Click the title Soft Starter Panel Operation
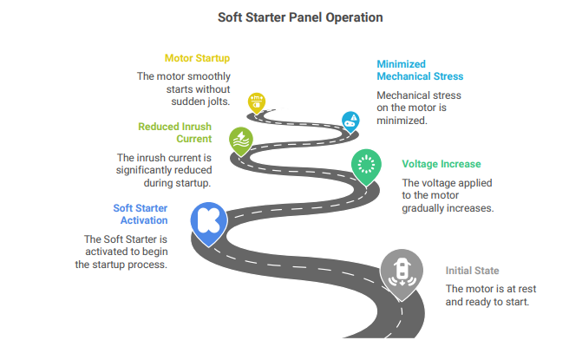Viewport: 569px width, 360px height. pyautogui.click(x=300, y=17)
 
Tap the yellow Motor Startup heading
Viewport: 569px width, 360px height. pyautogui.click(x=197, y=58)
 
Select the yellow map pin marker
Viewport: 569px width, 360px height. pyautogui.click(x=257, y=103)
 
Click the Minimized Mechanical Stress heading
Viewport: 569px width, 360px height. pyautogui.click(x=420, y=70)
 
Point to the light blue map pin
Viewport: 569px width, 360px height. pyautogui.click(x=350, y=121)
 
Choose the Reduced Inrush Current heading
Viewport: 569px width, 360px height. pyautogui.click(x=175, y=133)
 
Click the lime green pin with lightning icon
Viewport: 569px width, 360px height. pyautogui.click(x=241, y=141)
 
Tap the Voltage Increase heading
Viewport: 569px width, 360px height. pyautogui.click(x=441, y=164)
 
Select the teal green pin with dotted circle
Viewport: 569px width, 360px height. pyautogui.click(x=366, y=167)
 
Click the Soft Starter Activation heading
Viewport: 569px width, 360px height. pyautogui.click(x=141, y=214)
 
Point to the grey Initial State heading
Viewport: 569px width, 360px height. pyautogui.click(x=472, y=271)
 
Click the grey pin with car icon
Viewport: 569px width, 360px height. pyautogui.click(x=402, y=274)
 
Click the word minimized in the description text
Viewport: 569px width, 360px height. pyautogui.click(x=402, y=121)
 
